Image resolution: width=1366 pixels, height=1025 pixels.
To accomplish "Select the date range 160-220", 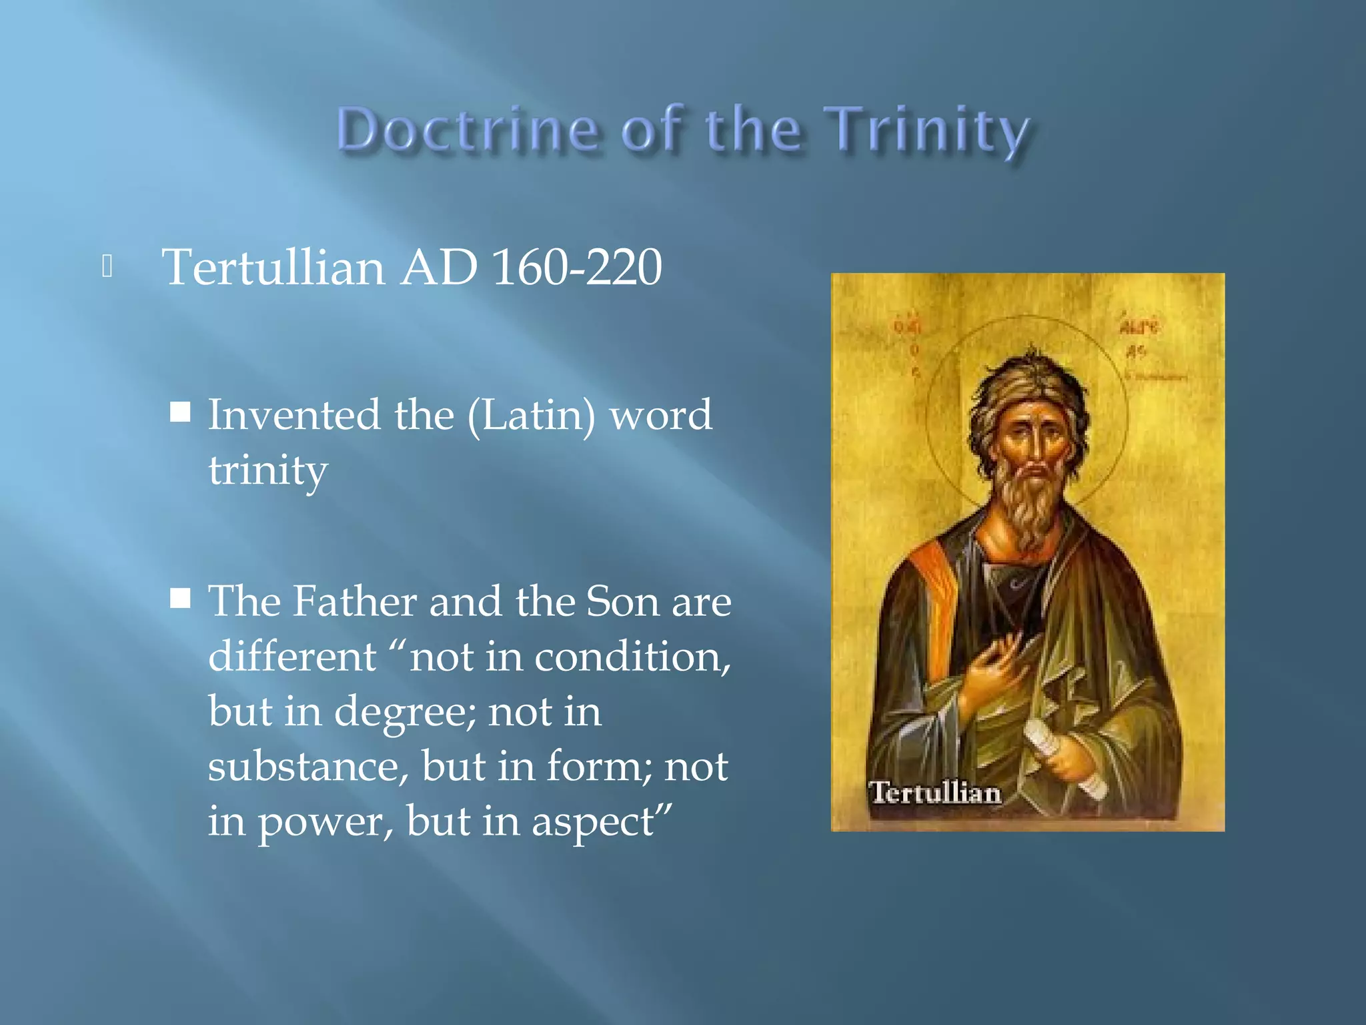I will coord(577,267).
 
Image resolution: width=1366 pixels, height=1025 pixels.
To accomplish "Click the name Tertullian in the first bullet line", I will coord(273,267).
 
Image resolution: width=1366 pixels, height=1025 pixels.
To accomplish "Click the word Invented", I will coord(294,414).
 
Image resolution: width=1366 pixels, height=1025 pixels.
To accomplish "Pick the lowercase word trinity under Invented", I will coord(268,470).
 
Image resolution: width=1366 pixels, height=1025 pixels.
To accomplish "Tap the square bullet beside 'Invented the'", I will coord(180,413).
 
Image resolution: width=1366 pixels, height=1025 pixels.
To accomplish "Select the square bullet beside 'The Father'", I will coord(180,599).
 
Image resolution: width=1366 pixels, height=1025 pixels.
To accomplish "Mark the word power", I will coord(325,823).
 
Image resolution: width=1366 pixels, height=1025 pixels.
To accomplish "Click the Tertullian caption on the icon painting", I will coord(935,793).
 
